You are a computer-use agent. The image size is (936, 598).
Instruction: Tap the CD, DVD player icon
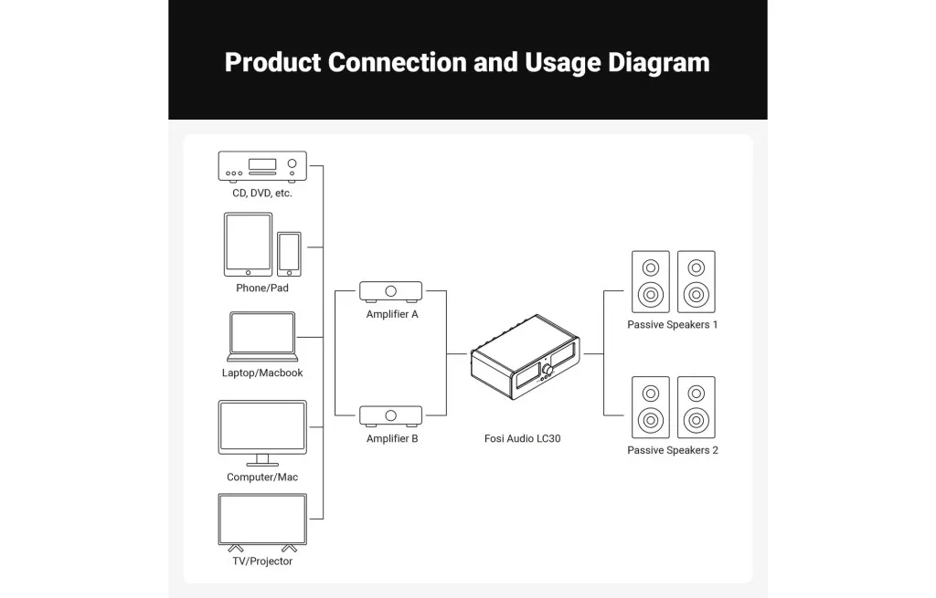262,166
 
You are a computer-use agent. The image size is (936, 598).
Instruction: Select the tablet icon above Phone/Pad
248,244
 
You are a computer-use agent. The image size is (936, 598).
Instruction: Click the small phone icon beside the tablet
289,253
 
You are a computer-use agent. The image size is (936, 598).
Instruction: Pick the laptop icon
262,336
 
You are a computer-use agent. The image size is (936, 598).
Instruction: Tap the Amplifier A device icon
391,291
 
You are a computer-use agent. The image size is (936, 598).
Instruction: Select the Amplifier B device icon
391,415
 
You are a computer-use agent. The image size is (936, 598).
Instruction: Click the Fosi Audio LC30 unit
524,369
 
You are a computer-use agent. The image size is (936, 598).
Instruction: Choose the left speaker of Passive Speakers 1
650,282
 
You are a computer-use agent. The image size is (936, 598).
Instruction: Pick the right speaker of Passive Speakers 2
697,407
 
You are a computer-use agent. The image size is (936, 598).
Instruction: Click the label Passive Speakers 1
673,325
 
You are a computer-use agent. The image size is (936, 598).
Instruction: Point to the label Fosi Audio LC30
522,439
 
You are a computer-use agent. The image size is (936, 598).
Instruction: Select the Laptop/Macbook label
262,373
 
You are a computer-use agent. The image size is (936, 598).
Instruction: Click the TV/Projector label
262,561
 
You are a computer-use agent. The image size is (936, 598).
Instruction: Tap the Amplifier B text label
392,439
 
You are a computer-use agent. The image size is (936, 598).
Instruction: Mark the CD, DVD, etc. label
262,194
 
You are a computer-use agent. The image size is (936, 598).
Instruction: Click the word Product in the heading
271,62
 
